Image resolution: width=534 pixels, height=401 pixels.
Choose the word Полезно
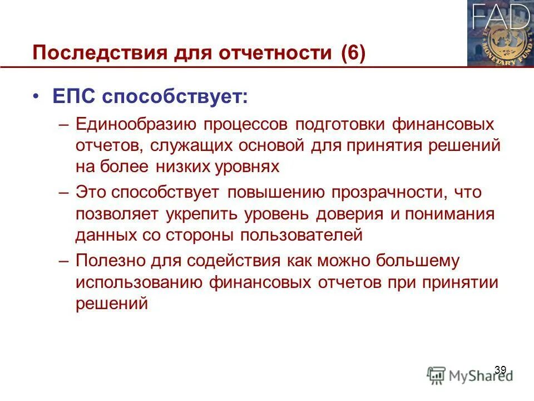110,261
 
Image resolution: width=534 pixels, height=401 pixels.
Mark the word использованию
139,282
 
